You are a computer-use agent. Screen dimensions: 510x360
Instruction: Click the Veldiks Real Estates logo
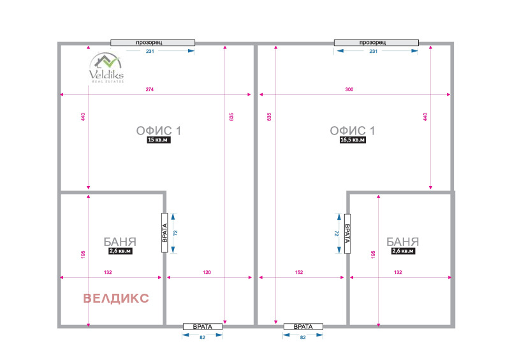point(106,68)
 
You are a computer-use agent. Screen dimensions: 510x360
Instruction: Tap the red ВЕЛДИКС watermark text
point(116,298)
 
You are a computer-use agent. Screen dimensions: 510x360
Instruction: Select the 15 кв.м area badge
point(159,140)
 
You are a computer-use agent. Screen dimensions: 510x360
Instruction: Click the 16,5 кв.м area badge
point(353,140)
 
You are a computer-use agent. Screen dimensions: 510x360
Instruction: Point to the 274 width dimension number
point(150,89)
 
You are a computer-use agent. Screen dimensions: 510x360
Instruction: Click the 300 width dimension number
point(349,89)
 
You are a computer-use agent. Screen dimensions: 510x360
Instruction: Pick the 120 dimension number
point(207,273)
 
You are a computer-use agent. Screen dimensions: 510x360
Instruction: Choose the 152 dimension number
point(299,273)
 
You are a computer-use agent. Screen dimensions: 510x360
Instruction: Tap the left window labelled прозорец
point(152,43)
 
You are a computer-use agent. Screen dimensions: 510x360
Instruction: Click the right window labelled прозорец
point(376,43)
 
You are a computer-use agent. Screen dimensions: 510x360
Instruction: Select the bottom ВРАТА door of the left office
point(203,326)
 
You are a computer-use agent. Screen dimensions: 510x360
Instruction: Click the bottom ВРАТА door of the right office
point(303,326)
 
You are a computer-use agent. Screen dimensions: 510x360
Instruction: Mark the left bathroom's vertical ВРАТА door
point(164,233)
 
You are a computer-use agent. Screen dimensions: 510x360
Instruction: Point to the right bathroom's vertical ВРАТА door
point(347,233)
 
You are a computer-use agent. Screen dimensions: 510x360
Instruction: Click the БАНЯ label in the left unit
point(120,242)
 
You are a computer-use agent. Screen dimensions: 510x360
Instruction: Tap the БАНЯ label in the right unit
point(403,242)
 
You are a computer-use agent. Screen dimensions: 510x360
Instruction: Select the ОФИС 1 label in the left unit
point(158,131)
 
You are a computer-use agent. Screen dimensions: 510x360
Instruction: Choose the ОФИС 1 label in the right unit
point(353,131)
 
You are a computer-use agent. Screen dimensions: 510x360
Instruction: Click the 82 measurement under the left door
point(202,338)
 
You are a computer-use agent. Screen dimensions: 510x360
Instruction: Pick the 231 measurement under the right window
point(374,52)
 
